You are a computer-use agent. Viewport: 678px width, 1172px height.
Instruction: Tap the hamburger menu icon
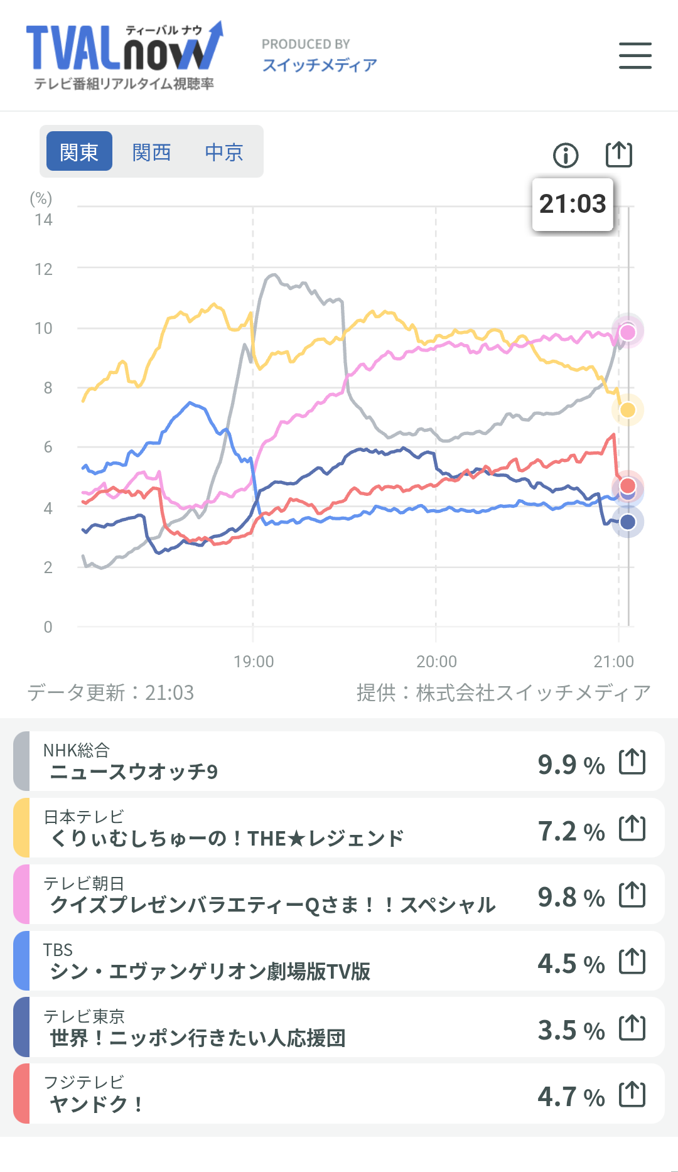pos(635,55)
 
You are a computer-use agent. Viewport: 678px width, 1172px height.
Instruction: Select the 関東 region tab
pos(80,151)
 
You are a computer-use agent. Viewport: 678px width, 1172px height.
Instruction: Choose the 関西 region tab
pos(152,151)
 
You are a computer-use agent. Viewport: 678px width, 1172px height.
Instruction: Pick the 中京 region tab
pos(224,151)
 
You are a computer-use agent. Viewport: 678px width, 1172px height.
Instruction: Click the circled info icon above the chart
pos(566,155)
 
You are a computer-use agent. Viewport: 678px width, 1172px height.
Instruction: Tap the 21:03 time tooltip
pos(573,204)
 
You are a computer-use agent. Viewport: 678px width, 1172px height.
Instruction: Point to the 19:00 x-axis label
pos(254,662)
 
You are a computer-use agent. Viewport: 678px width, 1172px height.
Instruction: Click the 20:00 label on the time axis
pos(436,662)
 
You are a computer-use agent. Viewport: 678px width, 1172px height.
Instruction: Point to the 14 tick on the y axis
pos(43,220)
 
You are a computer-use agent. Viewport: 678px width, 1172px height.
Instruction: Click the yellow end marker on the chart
pos(628,410)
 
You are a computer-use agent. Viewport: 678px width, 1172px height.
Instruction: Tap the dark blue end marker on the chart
pos(628,522)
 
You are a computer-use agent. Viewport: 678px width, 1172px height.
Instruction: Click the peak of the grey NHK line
pos(273,275)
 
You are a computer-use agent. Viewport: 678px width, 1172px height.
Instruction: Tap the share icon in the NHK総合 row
pos(632,761)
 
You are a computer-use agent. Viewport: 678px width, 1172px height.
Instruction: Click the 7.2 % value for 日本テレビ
pos(571,831)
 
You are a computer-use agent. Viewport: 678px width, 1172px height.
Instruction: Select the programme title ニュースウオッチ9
pos(134,771)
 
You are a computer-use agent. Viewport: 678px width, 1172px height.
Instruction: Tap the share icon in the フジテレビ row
pos(632,1094)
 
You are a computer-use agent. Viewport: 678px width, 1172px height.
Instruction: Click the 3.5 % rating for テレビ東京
pos(571,1030)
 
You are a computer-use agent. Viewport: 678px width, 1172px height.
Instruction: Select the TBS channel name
pos(58,950)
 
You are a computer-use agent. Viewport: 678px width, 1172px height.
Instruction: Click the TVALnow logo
pos(124,55)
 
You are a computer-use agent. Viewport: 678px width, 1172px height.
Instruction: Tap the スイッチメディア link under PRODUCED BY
pos(320,65)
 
